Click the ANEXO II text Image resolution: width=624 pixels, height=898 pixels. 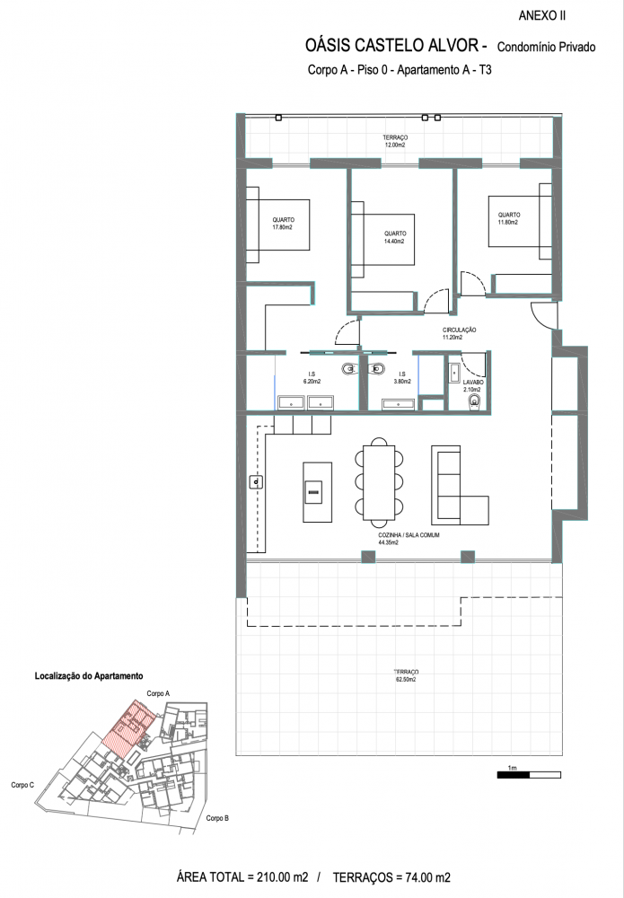541,16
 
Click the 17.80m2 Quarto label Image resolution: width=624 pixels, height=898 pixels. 283,224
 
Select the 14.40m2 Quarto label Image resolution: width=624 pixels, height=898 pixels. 395,237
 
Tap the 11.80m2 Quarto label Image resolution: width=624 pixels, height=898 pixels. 509,218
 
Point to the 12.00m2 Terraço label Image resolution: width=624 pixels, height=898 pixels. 395,142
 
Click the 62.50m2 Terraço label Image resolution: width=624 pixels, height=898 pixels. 406,676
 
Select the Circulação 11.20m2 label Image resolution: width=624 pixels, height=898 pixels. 459,333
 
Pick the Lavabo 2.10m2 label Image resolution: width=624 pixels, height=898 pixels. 473,385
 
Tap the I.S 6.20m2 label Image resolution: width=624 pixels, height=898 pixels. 312,377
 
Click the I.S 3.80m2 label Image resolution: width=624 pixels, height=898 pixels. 402,377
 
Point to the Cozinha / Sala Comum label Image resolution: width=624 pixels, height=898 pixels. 409,538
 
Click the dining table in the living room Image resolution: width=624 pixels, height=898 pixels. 379,481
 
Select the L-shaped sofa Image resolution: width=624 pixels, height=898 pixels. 460,486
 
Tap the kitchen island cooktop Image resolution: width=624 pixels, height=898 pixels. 313,492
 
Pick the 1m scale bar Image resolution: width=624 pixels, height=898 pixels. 529,775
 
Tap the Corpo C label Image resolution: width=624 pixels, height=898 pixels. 22,785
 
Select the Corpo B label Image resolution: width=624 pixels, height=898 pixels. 217,818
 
